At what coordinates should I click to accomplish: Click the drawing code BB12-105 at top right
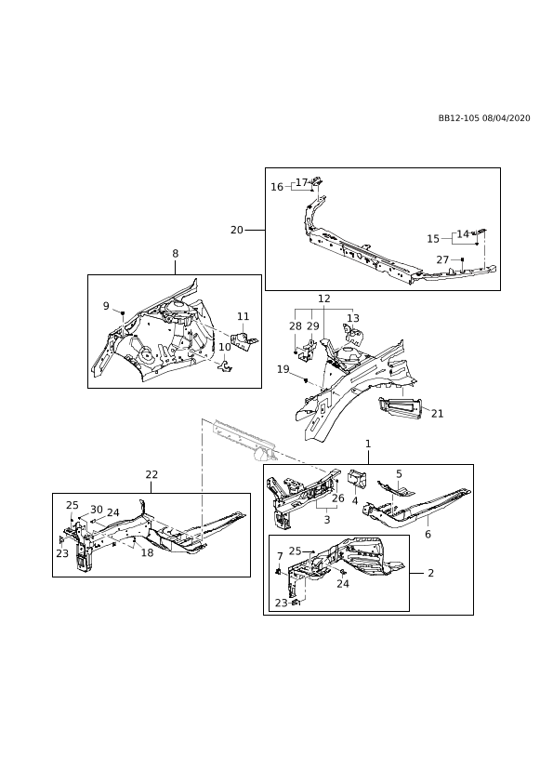tap(459, 118)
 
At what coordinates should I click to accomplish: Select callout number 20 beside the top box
tap(237, 230)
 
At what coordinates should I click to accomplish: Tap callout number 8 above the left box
tap(175, 254)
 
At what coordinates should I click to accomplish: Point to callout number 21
tap(437, 414)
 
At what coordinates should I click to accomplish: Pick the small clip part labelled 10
tap(227, 366)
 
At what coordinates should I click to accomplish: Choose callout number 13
tap(353, 318)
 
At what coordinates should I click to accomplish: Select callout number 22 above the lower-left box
tap(151, 474)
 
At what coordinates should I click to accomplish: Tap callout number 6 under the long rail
tap(428, 534)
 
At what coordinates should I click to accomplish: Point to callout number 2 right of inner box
tap(430, 573)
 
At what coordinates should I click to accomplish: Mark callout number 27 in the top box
tap(442, 260)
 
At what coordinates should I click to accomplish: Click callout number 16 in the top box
tap(277, 187)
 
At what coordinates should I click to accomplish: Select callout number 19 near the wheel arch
tap(283, 369)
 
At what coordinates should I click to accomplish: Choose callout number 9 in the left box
tap(106, 306)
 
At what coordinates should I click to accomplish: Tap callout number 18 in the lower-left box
tap(147, 552)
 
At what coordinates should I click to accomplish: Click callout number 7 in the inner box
tap(280, 556)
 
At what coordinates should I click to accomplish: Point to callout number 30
tap(97, 510)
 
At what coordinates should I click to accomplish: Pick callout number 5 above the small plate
tap(400, 474)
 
